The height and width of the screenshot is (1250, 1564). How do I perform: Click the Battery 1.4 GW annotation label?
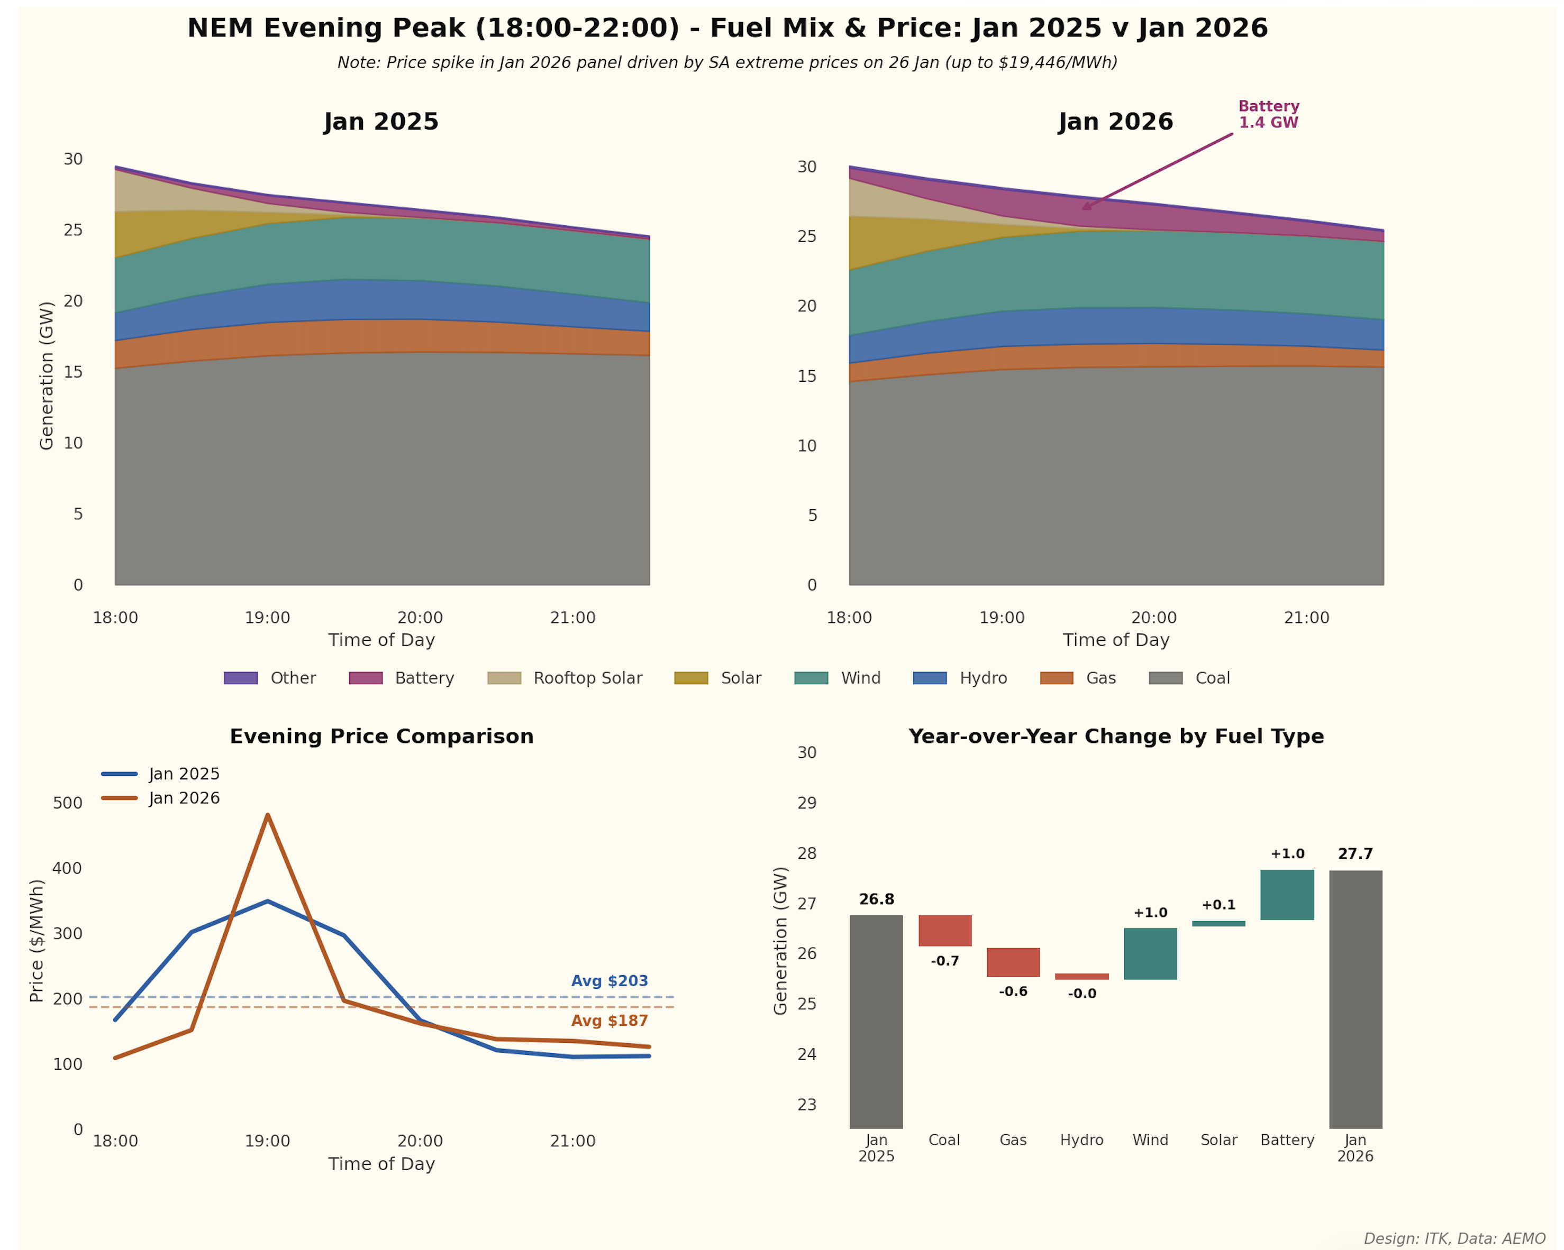tap(1268, 115)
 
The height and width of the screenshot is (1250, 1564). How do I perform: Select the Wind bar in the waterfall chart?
tap(1150, 953)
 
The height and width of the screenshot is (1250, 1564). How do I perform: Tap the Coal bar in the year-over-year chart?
tap(944, 930)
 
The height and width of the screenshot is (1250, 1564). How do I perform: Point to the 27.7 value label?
tap(1355, 854)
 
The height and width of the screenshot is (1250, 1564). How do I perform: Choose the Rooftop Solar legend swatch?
tap(504, 678)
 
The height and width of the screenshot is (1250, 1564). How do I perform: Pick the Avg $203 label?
tap(610, 981)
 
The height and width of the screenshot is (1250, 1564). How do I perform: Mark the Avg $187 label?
tap(610, 1021)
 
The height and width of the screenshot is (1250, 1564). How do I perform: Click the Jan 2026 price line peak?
tap(268, 815)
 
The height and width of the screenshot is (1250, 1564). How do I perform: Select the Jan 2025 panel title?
tap(381, 122)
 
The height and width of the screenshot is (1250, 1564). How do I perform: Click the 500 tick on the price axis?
tap(68, 803)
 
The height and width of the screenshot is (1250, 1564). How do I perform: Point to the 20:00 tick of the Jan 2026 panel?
tap(1153, 618)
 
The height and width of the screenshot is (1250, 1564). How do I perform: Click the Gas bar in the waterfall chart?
tap(1013, 962)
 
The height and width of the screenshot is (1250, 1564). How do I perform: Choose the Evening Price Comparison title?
tap(381, 737)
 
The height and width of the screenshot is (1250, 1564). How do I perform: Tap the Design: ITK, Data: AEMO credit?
tap(1454, 1238)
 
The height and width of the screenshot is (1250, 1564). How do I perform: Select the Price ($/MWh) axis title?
tap(37, 940)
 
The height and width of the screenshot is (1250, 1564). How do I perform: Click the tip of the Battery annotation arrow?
tap(1083, 209)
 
